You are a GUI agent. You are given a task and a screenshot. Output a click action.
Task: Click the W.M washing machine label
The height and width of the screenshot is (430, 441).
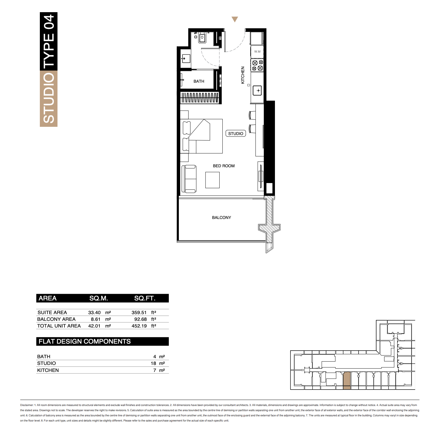click(x=257, y=52)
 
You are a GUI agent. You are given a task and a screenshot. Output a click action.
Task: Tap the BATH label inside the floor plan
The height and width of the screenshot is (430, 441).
click(x=199, y=81)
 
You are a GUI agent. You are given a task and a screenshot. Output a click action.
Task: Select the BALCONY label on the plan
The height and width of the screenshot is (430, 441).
click(x=221, y=217)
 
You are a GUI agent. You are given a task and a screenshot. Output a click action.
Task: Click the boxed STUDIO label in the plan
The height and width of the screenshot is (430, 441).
click(x=236, y=134)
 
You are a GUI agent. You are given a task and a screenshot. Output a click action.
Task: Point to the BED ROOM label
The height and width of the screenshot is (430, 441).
click(x=224, y=166)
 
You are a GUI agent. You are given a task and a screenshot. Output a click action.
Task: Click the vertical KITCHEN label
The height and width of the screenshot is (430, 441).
click(x=243, y=75)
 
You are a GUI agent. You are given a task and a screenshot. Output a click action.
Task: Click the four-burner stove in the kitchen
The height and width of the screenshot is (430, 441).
click(x=257, y=65)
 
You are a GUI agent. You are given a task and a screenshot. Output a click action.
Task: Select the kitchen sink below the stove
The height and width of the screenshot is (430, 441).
click(x=257, y=91)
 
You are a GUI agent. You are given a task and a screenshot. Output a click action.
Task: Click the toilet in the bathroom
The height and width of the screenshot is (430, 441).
click(x=202, y=38)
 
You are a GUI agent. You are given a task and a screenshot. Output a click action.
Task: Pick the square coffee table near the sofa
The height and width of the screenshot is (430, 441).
click(x=212, y=180)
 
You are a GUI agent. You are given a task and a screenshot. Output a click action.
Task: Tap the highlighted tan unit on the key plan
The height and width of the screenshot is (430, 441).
click(x=347, y=381)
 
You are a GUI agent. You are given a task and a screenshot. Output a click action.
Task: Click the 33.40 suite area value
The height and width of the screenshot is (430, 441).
click(x=94, y=313)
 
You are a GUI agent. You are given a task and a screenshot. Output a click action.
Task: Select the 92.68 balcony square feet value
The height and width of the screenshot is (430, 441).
click(x=141, y=319)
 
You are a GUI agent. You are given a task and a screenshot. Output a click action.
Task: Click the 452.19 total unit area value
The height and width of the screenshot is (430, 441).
click(x=139, y=326)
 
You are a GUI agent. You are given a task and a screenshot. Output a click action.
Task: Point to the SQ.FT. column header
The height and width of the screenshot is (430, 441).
click(x=144, y=298)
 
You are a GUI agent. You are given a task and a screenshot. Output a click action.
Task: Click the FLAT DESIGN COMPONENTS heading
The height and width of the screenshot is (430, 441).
click(x=85, y=342)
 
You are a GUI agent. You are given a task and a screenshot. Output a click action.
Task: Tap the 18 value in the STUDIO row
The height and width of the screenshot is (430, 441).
click(x=153, y=363)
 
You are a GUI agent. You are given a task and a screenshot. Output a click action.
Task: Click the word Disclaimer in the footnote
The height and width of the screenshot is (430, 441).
click(x=27, y=405)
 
